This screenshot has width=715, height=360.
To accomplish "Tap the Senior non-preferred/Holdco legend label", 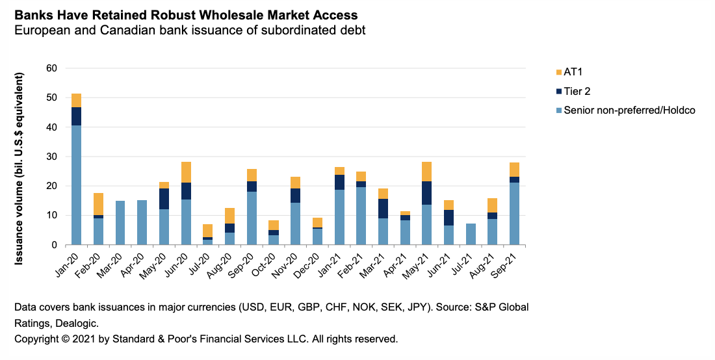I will (x=629, y=110).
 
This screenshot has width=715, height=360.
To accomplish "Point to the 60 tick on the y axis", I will (x=52, y=68).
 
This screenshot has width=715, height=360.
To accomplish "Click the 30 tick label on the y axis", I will (x=52, y=157).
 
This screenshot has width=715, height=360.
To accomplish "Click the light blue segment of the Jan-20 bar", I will (x=77, y=185).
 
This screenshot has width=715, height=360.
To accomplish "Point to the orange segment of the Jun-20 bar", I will (x=186, y=172).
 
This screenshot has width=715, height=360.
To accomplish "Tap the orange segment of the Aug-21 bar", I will (x=492, y=205).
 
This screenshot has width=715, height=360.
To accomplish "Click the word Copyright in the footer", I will (x=36, y=339).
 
